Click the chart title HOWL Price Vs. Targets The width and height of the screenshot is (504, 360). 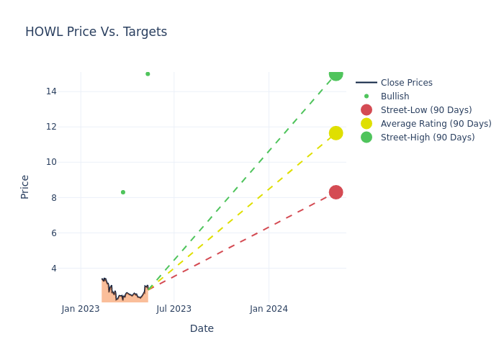pos(96,32)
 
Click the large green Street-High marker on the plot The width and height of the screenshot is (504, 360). pos(336,73)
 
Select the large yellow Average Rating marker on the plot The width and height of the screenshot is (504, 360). pos(336,133)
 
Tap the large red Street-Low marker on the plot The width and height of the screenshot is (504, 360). pos(336,192)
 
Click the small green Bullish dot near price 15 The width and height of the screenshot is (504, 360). pos(148,74)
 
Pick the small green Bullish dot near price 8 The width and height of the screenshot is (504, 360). pos(123,192)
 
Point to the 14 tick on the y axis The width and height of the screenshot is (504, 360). pos(51,91)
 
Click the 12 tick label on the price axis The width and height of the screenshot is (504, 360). pos(51,127)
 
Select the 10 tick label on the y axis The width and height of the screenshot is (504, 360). pos(51,162)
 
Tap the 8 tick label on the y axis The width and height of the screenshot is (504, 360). pos(53,197)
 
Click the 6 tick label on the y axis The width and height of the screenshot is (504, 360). pos(53,233)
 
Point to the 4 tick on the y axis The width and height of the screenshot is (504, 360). pos(53,268)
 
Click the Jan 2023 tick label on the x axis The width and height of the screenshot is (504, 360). pos(81,309)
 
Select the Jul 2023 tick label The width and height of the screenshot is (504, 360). pos(174,309)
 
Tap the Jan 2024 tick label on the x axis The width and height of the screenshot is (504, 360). pos(269,309)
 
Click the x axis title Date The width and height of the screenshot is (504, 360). pos(202,328)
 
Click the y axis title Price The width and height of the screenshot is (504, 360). pos(25,186)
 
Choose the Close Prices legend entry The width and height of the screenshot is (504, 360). pos(406,83)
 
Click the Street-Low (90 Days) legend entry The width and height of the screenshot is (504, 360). pos(426,110)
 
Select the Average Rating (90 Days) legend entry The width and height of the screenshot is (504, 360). pos(436,124)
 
